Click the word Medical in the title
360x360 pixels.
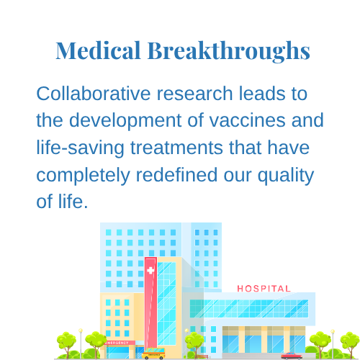98,50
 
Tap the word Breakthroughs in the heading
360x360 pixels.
229,52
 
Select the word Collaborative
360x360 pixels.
94,94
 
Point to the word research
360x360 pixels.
194,94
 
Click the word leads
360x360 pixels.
262,94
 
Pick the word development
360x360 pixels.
125,121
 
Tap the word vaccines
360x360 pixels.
247,120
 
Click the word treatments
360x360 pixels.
176,148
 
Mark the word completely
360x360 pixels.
83,176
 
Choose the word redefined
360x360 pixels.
176,175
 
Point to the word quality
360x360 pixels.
286,176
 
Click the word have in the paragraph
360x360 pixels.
289,148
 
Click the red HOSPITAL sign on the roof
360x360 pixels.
264,289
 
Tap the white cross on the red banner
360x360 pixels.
150,271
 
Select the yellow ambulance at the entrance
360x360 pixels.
153,354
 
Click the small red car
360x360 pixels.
292,356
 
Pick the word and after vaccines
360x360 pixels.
307,120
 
